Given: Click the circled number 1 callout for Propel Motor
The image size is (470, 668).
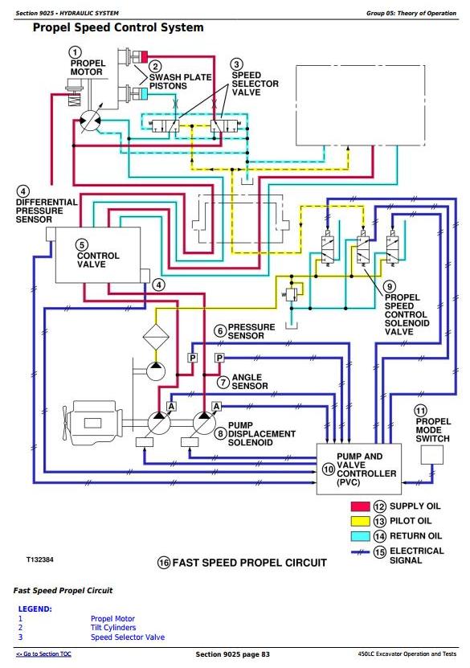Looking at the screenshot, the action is (x=75, y=52).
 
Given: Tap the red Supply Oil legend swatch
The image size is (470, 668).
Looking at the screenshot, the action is (x=360, y=506).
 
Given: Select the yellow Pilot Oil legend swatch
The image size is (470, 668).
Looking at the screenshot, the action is (x=360, y=521).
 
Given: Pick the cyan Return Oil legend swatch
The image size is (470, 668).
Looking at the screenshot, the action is (x=360, y=536).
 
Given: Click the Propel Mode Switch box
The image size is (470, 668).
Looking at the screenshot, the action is (x=431, y=455).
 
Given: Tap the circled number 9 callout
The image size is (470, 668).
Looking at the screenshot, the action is (x=390, y=287).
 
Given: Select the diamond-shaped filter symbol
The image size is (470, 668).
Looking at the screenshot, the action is (x=155, y=337).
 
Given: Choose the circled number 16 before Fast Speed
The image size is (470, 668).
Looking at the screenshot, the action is (x=164, y=563).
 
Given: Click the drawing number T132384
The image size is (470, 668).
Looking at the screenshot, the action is (x=40, y=559).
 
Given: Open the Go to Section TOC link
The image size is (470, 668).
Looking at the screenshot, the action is (x=43, y=654).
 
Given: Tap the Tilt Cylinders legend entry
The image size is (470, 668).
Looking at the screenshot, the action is (x=113, y=628).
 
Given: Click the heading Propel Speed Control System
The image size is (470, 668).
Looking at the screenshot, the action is (x=118, y=27).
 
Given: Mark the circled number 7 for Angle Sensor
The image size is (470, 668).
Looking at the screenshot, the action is (x=223, y=382).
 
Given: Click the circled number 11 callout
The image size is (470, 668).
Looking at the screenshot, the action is (x=421, y=411).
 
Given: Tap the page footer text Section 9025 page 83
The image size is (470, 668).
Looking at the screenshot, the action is (x=232, y=654).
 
